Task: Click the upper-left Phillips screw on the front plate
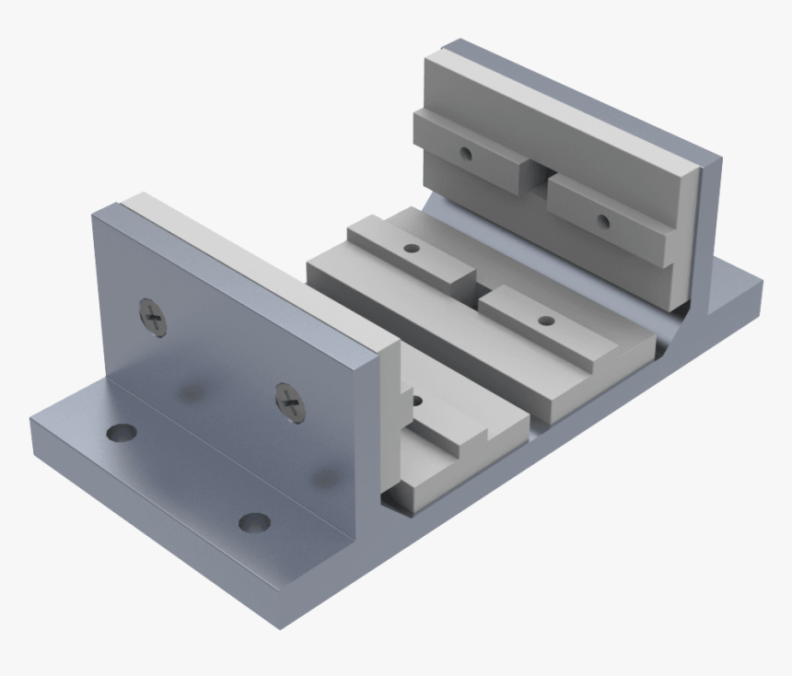click(155, 318)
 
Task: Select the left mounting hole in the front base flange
click(121, 432)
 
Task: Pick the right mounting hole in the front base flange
click(254, 523)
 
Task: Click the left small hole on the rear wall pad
click(467, 153)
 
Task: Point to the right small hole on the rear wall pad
click(602, 220)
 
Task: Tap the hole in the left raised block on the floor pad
click(412, 249)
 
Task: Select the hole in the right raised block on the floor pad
click(546, 321)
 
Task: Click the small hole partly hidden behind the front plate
click(417, 402)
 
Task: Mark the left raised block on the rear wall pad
click(470, 152)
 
